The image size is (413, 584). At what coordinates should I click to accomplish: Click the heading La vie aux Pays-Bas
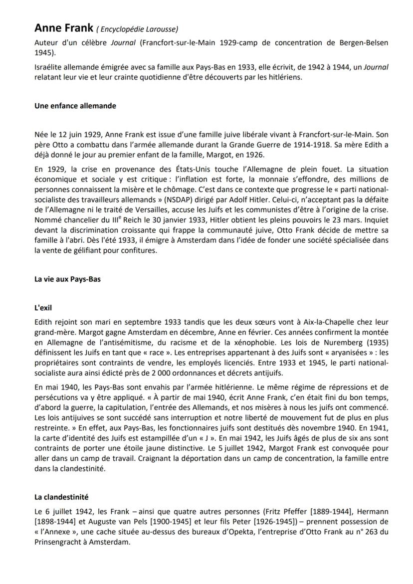pos(67,279)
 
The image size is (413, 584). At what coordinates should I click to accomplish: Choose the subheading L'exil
pos(43,308)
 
